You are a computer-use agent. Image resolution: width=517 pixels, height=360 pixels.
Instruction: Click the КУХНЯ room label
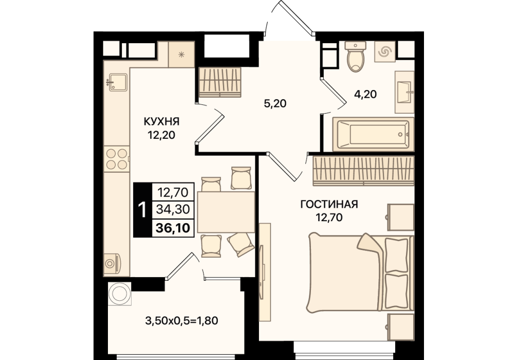(161, 121)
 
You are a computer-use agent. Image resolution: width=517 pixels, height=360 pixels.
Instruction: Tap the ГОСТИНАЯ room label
(329, 204)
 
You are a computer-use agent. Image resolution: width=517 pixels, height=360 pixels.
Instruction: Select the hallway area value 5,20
(275, 103)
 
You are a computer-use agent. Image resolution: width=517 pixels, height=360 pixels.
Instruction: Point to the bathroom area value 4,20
(365, 95)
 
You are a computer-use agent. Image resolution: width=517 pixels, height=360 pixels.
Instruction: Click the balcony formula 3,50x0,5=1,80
(182, 320)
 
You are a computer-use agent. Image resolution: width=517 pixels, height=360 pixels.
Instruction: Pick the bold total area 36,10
(173, 228)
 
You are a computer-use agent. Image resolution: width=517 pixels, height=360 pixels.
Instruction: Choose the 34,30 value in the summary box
(173, 209)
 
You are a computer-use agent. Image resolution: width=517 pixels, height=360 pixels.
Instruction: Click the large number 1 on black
(142, 210)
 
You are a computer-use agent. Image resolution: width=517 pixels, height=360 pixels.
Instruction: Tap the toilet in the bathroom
(356, 57)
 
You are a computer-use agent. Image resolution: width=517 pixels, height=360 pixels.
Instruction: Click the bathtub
(373, 134)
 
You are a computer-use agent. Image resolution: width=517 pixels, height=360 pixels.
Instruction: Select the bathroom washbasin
(404, 92)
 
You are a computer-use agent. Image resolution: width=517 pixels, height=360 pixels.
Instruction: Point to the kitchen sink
(117, 82)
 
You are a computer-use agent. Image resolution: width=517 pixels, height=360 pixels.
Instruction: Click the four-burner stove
(117, 159)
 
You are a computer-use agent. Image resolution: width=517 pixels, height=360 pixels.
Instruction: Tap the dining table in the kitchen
(226, 212)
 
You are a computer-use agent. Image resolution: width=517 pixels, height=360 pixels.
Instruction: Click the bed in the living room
(361, 273)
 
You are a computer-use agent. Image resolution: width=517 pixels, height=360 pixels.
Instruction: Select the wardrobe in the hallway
(220, 82)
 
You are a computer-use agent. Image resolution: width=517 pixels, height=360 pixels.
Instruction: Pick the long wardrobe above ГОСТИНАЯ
(363, 171)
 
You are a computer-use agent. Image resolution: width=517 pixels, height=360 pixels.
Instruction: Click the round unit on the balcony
(120, 294)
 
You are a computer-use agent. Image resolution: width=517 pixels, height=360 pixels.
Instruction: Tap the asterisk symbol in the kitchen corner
(181, 55)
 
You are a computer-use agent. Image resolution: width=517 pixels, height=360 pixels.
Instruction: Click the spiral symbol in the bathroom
(385, 51)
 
